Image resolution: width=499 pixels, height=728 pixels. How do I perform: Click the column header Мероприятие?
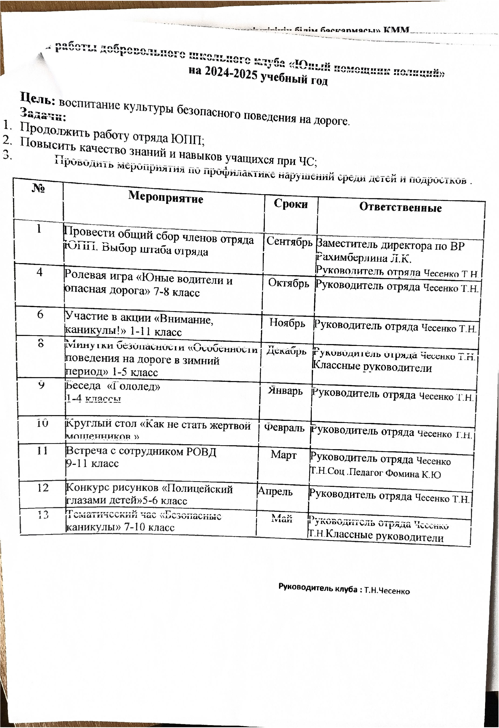point(165,198)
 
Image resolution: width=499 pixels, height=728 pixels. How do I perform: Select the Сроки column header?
point(291,204)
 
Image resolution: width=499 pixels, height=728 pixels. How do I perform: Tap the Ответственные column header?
point(400,207)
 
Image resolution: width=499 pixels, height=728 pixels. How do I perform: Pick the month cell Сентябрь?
point(289,242)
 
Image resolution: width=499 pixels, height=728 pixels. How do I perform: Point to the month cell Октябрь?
point(289,284)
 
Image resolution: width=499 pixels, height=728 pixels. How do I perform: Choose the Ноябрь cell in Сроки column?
point(287,323)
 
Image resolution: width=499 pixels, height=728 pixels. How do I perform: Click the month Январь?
point(285,391)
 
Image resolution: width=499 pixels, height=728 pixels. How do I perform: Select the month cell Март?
point(284,455)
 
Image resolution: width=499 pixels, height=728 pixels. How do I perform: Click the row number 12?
point(43,488)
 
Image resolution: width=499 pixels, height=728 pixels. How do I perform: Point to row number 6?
point(40,314)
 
